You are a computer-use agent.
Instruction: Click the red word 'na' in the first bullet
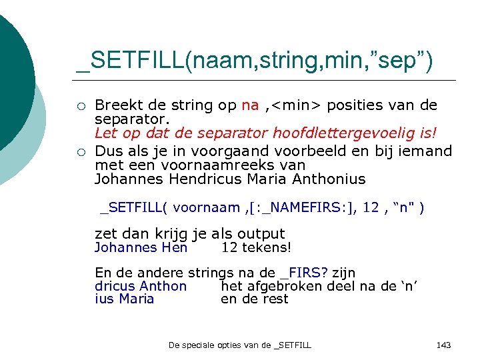(250, 105)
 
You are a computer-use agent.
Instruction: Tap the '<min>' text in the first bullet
(294, 105)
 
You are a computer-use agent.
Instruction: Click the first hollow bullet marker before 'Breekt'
(80, 106)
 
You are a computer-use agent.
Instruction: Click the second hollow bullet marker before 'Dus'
(80, 151)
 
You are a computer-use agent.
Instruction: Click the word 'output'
(261, 234)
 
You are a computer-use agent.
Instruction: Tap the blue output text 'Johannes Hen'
(141, 248)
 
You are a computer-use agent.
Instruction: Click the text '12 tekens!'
(256, 248)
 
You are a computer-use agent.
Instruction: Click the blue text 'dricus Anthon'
(141, 286)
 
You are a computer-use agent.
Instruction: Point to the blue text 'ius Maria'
(125, 299)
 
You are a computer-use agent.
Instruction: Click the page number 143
(443, 345)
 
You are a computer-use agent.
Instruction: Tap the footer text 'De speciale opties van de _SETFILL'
(240, 345)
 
